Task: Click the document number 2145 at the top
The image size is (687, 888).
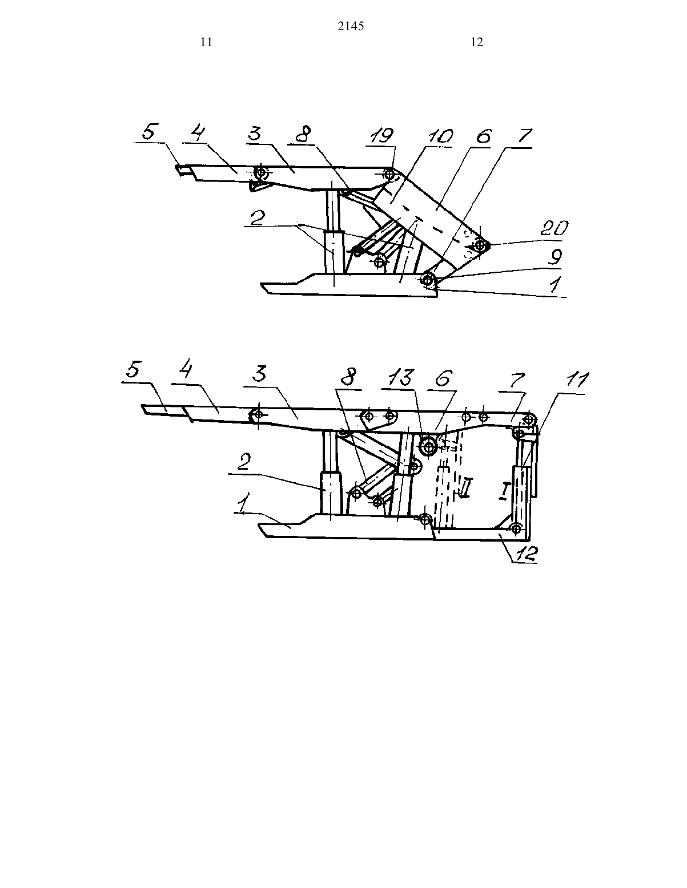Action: tap(351, 26)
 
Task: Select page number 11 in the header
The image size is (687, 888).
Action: tap(206, 42)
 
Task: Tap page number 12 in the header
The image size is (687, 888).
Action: tap(477, 42)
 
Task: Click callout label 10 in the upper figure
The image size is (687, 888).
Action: tap(438, 136)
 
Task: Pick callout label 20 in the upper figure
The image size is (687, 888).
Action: tap(554, 228)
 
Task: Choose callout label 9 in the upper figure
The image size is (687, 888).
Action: tap(555, 257)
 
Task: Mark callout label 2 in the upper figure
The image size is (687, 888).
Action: tap(256, 219)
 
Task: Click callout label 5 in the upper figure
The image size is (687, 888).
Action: tap(148, 132)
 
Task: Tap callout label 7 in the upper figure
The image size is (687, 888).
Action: tap(525, 136)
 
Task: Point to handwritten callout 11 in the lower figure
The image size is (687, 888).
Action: tap(577, 380)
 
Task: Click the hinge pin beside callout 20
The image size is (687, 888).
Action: tap(480, 245)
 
